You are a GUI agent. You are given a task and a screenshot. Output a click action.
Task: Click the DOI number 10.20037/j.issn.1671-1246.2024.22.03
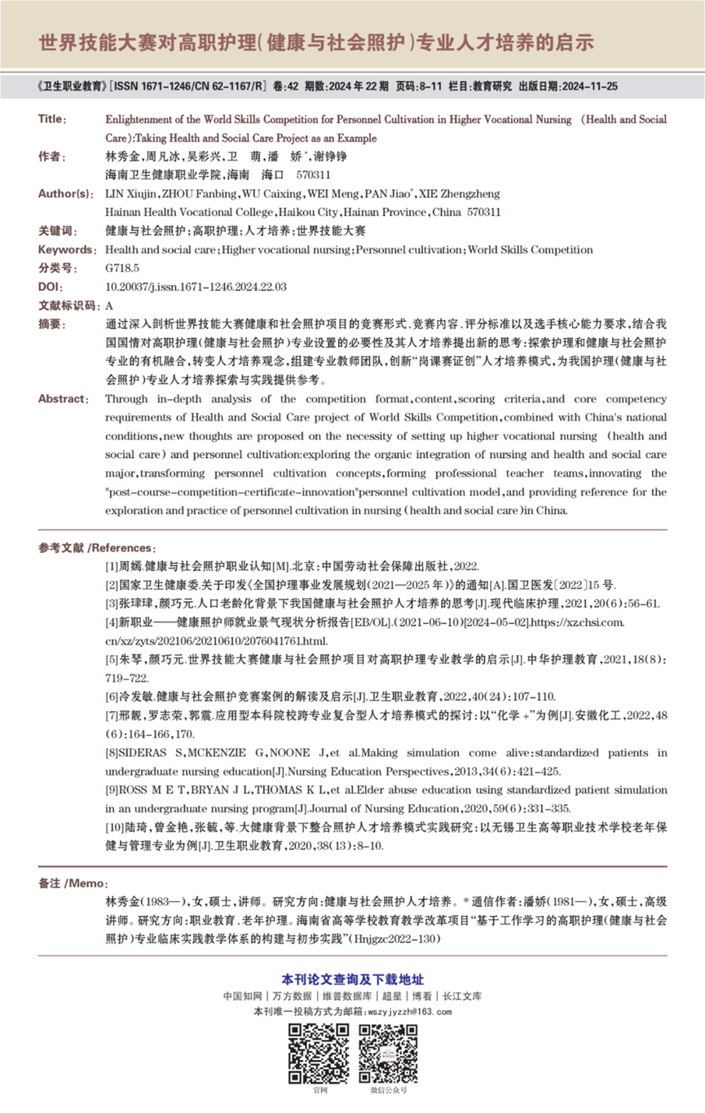pyautogui.click(x=196, y=287)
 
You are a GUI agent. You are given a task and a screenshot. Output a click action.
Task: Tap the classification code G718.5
pyautogui.click(x=122, y=268)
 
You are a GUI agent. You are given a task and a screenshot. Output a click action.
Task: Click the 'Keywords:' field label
pyautogui.click(x=66, y=249)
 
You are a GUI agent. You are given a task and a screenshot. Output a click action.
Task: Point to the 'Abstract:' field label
pyautogui.click(x=63, y=398)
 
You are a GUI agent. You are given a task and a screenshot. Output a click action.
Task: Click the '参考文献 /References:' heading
pyautogui.click(x=95, y=548)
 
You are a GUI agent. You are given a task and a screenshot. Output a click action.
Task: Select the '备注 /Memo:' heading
pyautogui.click(x=73, y=884)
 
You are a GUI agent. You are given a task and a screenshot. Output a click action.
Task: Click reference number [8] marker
pyautogui.click(x=113, y=752)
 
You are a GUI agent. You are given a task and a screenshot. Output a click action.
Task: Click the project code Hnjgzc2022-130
pyautogui.click(x=395, y=939)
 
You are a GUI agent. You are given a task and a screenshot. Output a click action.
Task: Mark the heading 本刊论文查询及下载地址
pyautogui.click(x=352, y=979)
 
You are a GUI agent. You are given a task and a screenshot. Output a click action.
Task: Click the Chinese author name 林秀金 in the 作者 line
pyautogui.click(x=122, y=156)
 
